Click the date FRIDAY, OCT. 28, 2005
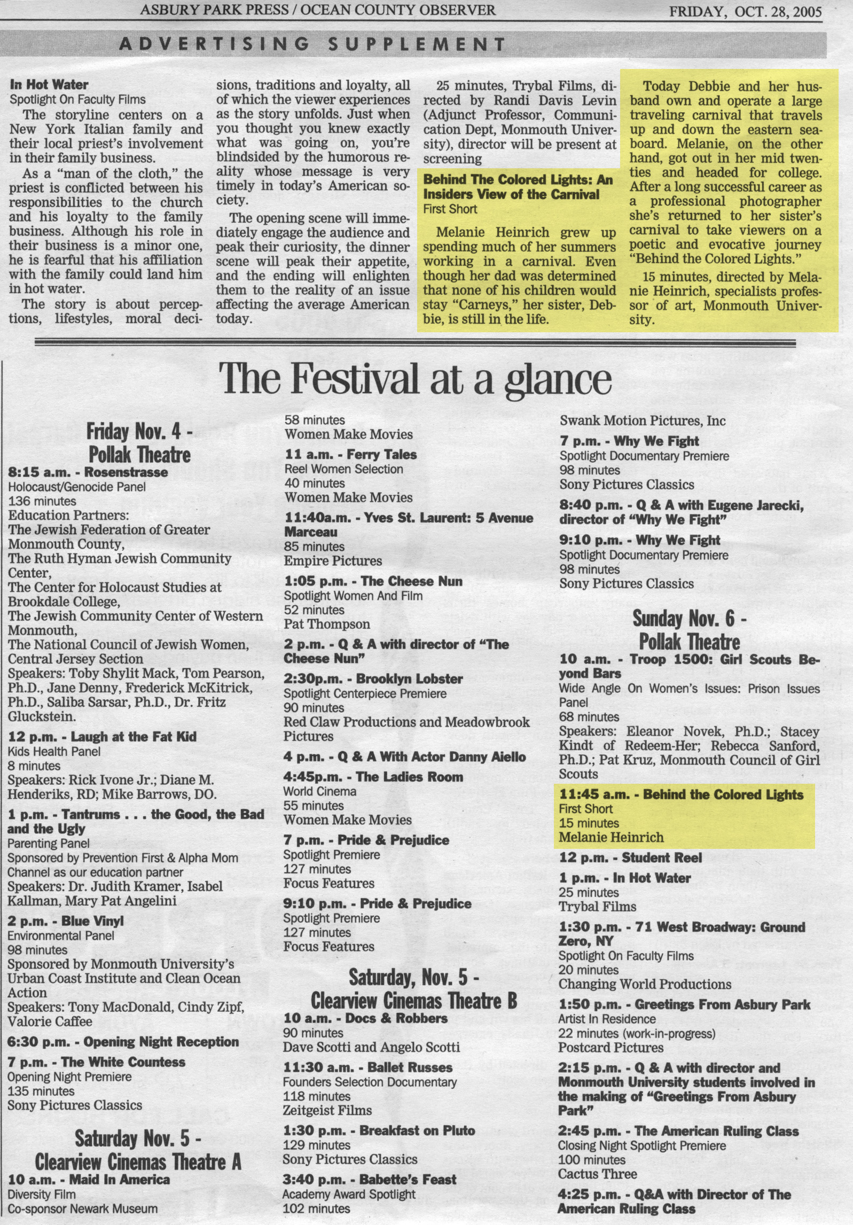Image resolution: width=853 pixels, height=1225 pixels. pos(745,12)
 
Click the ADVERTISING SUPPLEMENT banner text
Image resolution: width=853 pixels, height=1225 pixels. pos(312,44)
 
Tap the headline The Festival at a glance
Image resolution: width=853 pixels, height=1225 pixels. pos(416,379)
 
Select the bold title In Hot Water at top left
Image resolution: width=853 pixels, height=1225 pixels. pos(49,85)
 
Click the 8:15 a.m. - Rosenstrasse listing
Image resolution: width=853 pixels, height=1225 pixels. pos(88,472)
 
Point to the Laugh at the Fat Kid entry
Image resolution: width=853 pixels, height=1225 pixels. pos(102,737)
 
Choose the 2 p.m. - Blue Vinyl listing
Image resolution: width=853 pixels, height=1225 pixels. pos(65,920)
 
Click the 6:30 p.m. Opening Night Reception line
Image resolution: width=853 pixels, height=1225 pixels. pos(123,1041)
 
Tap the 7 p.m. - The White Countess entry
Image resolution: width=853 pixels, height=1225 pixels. pos(96,1062)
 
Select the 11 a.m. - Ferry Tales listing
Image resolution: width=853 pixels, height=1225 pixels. pos(350,455)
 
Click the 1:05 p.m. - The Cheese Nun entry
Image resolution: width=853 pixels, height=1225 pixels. pos(373,581)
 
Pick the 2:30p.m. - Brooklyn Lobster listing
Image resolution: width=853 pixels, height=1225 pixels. pos(373,679)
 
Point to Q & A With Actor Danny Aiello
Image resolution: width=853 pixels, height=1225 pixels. pos(404,756)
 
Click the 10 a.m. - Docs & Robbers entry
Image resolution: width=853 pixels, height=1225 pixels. pos(365,1018)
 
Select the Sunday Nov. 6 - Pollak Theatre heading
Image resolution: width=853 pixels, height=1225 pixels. pos(689,630)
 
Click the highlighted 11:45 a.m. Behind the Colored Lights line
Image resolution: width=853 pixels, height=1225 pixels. pos(681,794)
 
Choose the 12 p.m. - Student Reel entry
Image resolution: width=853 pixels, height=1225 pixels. pos(630,857)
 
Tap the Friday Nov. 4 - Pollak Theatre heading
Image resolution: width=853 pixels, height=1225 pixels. pos(139,443)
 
